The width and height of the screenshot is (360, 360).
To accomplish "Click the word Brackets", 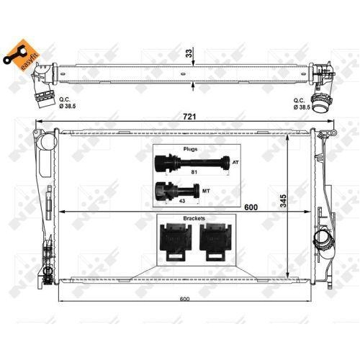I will point(194,218).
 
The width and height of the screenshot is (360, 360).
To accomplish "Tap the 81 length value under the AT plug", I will point(194,173).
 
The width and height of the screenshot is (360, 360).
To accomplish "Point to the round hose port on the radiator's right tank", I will point(320,239).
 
